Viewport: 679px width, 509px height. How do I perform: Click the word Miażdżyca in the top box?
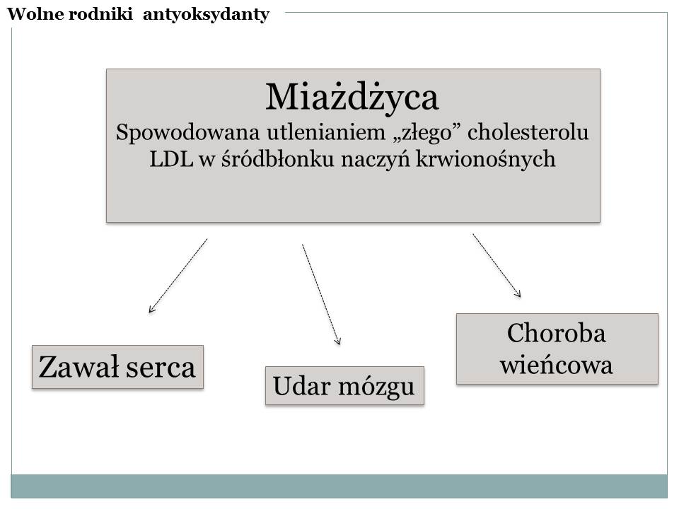352,98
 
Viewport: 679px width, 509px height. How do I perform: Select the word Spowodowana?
187,133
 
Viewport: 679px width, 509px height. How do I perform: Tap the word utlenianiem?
325,132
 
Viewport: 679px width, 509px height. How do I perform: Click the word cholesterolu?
528,132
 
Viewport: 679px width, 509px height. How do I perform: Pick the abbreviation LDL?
171,159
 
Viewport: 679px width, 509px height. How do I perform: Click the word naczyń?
375,160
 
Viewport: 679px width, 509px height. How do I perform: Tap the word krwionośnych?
485,160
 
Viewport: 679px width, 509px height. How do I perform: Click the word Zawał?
79,367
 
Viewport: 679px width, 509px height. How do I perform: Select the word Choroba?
557,333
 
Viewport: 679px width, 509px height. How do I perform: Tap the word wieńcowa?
557,365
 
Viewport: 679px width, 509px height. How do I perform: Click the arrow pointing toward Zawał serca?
178,276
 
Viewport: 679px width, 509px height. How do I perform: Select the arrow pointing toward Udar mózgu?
321,294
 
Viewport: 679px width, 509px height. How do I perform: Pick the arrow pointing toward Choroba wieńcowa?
497,265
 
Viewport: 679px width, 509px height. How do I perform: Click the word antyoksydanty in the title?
206,15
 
